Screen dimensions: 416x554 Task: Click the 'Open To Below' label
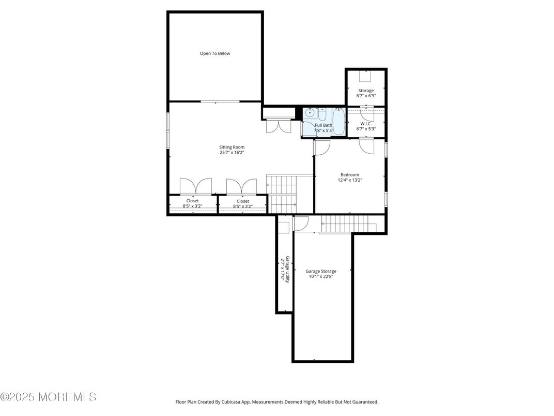pos(215,53)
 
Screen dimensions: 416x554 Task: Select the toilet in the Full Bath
pos(322,113)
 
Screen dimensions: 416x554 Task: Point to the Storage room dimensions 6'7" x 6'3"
pos(366,96)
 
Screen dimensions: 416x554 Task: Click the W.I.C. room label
pos(366,124)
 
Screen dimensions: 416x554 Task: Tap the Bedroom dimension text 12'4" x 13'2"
pos(350,180)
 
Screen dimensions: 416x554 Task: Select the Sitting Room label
pos(232,147)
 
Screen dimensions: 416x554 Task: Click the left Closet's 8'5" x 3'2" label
pos(192,206)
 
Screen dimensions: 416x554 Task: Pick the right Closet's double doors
pos(241,186)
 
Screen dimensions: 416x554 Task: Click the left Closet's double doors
pos(196,186)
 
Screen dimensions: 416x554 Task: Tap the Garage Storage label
pos(321,271)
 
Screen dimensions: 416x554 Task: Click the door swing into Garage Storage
pos(301,223)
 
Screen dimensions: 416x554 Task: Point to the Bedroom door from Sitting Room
pos(322,147)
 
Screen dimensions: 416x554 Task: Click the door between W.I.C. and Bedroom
pos(367,145)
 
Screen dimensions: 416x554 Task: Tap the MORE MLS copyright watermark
pos(48,397)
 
